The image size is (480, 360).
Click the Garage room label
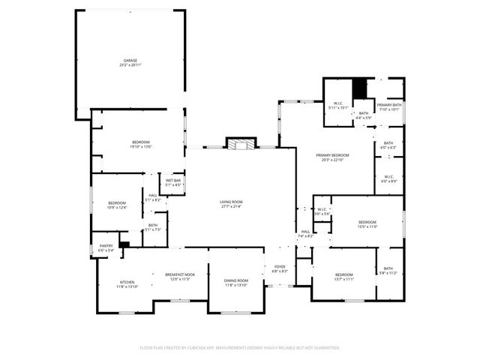pyautogui.click(x=130, y=62)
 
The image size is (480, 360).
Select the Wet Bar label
pyautogui.click(x=172, y=182)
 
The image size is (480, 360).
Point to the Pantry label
pyautogui.click(x=106, y=248)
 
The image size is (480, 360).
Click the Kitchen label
pyautogui.click(x=127, y=284)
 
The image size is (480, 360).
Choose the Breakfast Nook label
pyautogui.click(x=180, y=276)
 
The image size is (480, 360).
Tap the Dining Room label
pyautogui.click(x=235, y=283)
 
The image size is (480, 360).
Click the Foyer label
pyautogui.click(x=280, y=268)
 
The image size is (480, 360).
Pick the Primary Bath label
pyautogui.click(x=389, y=106)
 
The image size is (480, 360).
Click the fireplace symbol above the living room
pyautogui.click(x=241, y=144)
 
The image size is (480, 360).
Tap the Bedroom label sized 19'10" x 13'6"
pyautogui.click(x=140, y=144)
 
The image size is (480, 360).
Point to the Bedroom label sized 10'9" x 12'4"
pyautogui.click(x=117, y=205)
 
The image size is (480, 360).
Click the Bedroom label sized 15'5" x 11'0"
pyautogui.click(x=367, y=223)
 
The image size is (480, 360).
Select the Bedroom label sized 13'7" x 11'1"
pyautogui.click(x=343, y=277)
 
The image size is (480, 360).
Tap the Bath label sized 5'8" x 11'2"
pyautogui.click(x=388, y=271)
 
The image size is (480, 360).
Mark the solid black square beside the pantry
pyautogui.click(x=124, y=244)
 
